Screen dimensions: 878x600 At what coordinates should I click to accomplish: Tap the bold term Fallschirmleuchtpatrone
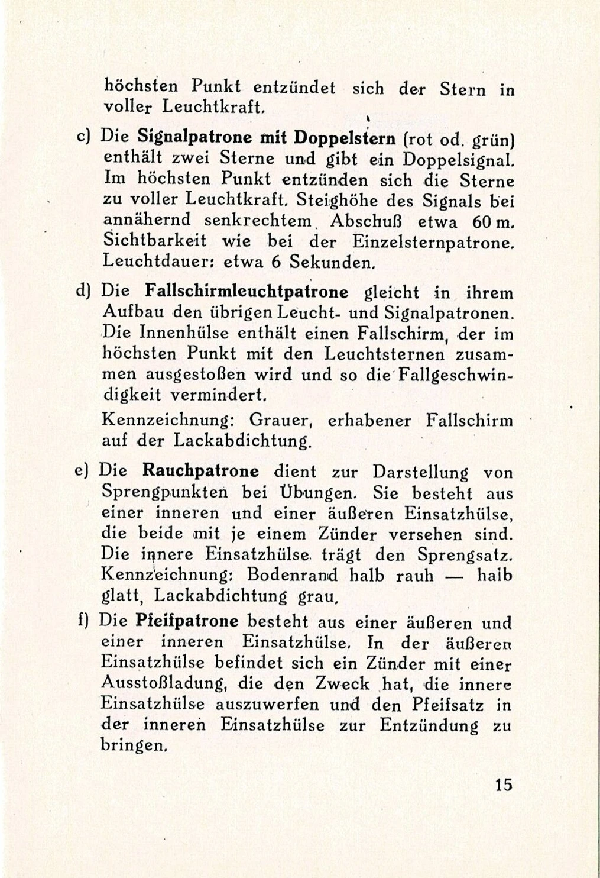tap(247, 292)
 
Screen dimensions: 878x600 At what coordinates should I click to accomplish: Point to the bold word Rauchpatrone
tap(201, 472)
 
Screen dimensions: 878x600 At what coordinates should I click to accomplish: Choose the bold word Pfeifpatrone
tap(187, 621)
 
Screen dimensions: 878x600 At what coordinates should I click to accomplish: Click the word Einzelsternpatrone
tap(426, 242)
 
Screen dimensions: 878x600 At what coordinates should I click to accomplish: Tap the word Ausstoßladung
tap(166, 684)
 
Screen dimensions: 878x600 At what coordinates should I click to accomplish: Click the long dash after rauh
tap(458, 576)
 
